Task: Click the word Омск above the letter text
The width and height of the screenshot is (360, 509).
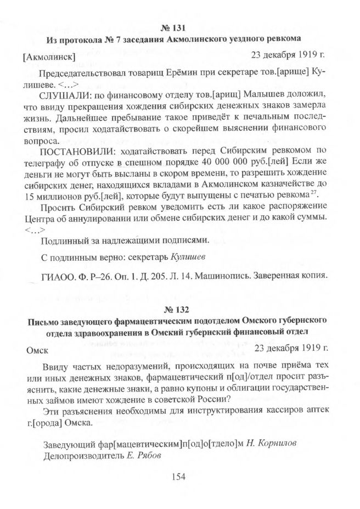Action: tap(37, 349)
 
